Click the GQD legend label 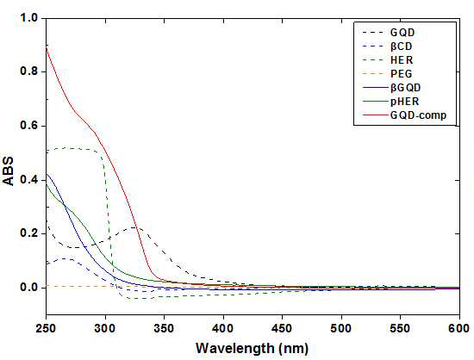[402, 33]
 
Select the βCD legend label [401, 47]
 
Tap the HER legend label [402, 60]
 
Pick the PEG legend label [401, 74]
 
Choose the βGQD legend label [405, 88]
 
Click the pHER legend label [405, 102]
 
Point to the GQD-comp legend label [418, 115]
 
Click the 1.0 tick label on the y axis [28, 18]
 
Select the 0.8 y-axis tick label [28, 71]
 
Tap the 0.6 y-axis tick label [28, 126]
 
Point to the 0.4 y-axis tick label [28, 180]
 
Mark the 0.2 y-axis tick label [28, 233]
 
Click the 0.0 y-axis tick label [28, 287]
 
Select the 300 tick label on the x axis [105, 328]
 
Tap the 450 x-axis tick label [282, 328]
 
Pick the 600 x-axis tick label [458, 328]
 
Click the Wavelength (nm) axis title [253, 349]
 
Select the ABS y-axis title [9, 171]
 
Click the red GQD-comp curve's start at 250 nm [47, 47]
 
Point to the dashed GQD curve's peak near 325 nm [134, 227]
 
